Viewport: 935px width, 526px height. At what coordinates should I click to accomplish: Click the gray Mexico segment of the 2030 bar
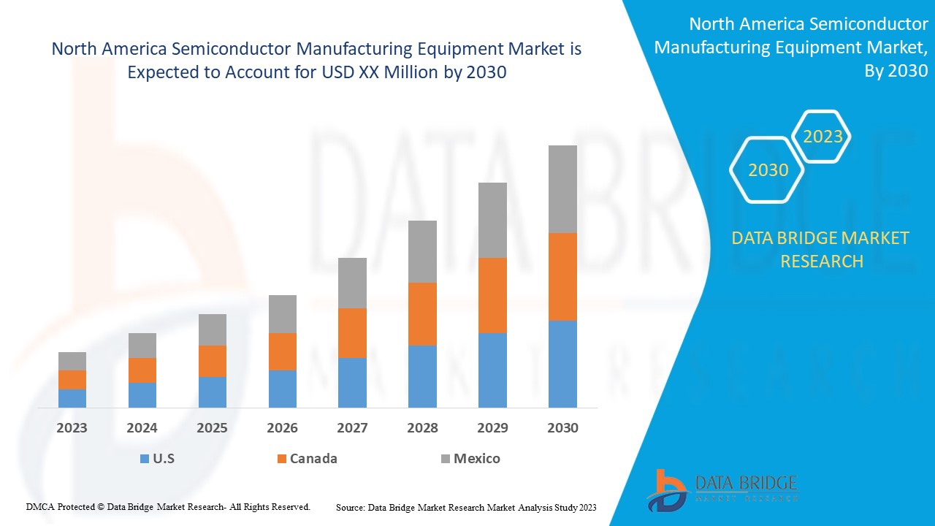pos(562,189)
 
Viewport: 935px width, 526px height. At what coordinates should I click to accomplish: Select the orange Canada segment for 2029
pos(492,295)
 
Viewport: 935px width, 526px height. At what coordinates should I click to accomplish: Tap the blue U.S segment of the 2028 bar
pos(422,376)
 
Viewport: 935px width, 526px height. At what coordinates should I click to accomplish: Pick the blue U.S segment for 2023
pos(72,398)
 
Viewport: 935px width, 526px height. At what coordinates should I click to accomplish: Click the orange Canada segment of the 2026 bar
pos(282,351)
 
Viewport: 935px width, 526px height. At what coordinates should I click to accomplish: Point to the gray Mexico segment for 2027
pos(352,283)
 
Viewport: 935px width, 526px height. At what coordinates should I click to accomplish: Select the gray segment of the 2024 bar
pos(142,346)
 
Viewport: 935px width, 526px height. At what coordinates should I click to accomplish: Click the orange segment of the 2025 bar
pos(213,361)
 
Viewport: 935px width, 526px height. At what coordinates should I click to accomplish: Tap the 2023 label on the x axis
pos(72,428)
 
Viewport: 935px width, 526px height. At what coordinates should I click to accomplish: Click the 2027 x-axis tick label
pos(352,428)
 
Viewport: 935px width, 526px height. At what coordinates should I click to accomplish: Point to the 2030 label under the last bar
pos(562,428)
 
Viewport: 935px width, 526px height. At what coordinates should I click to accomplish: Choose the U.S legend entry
pos(157,459)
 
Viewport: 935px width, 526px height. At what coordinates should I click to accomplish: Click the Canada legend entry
pos(307,459)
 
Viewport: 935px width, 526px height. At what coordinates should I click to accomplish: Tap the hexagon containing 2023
pos(823,137)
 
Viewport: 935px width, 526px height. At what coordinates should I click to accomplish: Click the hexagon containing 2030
pos(768,170)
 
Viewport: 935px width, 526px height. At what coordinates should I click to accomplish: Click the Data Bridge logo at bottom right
pos(722,489)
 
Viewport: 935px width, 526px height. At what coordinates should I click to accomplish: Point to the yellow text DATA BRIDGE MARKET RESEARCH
pos(821,249)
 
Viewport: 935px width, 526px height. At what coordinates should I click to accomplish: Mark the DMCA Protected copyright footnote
pos(168,506)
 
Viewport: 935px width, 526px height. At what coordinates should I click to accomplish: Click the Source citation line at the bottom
pos(466,507)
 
